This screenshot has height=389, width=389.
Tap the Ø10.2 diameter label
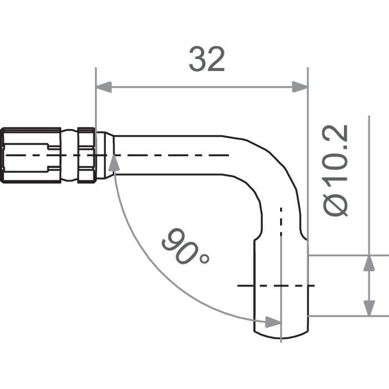pyautogui.click(x=337, y=170)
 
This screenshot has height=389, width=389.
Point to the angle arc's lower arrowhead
pyautogui.click(x=272, y=322)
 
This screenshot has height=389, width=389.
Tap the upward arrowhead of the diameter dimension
pyautogui.click(x=368, y=263)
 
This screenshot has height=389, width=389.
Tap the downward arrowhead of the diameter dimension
pyautogui.click(x=368, y=308)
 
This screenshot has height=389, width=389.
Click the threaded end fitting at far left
pyautogui.click(x=31, y=155)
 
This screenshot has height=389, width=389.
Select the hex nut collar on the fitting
pyautogui.click(x=86, y=155)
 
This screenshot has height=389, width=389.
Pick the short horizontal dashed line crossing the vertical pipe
pyautogui.click(x=276, y=286)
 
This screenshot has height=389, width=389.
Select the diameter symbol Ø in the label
pyautogui.click(x=337, y=205)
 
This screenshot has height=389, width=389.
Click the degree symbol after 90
pyautogui.click(x=203, y=258)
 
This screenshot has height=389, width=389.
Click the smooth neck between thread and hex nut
pyautogui.click(x=69, y=155)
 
